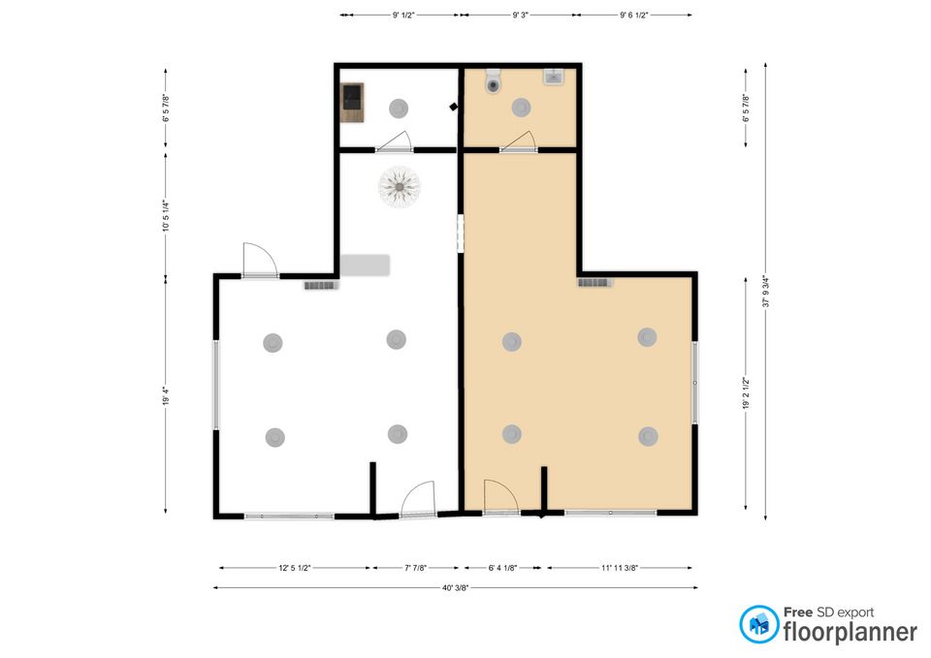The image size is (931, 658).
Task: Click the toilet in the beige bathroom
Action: [x=494, y=81]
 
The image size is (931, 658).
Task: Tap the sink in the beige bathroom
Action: [x=552, y=78]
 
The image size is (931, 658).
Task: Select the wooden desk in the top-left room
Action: [x=353, y=102]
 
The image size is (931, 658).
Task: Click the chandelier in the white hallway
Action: [x=399, y=187]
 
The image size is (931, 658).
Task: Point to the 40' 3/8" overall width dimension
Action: [x=456, y=588]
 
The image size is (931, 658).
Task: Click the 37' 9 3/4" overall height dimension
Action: [x=766, y=292]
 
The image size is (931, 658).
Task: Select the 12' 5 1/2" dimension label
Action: [x=295, y=568]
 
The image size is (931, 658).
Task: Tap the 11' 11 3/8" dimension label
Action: [x=620, y=568]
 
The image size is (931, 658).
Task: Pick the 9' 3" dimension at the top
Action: [x=520, y=15]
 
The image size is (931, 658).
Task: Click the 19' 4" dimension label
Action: [x=166, y=395]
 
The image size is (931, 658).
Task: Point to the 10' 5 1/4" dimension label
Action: [x=166, y=215]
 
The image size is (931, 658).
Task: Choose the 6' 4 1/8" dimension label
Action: [x=502, y=568]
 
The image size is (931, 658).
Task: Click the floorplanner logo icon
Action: [x=758, y=623]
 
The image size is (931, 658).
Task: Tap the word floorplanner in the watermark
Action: [x=851, y=631]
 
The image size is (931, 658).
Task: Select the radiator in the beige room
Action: [x=594, y=282]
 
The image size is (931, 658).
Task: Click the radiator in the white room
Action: [x=321, y=285]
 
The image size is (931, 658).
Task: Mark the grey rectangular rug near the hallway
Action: [x=365, y=266]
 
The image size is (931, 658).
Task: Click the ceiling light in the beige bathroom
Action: [x=521, y=108]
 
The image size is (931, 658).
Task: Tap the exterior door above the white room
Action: [x=260, y=261]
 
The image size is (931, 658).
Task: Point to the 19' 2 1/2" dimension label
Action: [x=746, y=392]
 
